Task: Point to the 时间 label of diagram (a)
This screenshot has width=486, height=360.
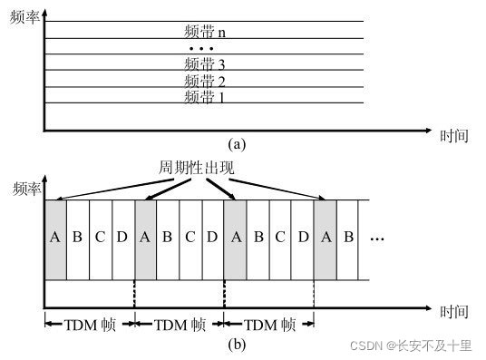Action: tap(453, 136)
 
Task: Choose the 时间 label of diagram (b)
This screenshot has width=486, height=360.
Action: tap(453, 312)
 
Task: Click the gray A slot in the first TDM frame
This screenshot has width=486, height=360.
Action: tap(55, 238)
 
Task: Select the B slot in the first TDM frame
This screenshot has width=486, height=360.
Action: tap(77, 238)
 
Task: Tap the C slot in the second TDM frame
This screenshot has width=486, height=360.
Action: tap(190, 238)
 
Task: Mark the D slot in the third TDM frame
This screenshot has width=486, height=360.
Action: tap(302, 238)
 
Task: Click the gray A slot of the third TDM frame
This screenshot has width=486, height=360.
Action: tap(235, 238)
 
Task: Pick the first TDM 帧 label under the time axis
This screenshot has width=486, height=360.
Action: tap(89, 325)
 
